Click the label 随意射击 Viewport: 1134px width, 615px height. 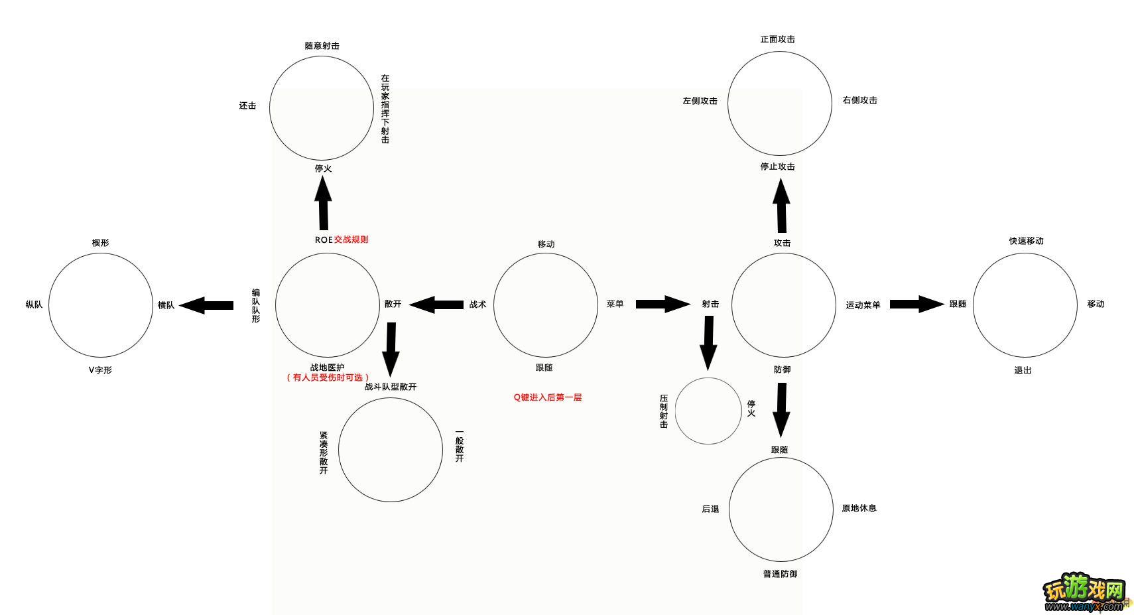click(322, 46)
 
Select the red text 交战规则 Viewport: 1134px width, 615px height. click(351, 239)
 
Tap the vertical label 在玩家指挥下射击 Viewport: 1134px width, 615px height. click(385, 109)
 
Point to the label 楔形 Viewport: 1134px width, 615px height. click(100, 243)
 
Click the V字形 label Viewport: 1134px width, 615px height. click(100, 370)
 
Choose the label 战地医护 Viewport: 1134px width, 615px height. click(327, 368)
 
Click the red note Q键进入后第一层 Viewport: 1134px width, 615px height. click(547, 397)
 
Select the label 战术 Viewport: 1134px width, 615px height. click(477, 305)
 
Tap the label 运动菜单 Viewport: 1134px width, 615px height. click(863, 305)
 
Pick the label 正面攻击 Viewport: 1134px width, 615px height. click(777, 39)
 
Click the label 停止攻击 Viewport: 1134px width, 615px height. click(777, 167)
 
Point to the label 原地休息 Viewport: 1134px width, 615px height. click(859, 508)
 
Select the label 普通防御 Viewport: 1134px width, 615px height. click(780, 574)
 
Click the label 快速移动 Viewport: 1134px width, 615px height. click(1026, 241)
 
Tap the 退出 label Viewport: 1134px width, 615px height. click(1023, 370)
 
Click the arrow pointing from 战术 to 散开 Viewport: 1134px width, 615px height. click(436, 305)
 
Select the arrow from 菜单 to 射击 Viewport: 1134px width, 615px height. click(662, 304)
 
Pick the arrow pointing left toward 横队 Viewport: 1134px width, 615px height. click(206, 305)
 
